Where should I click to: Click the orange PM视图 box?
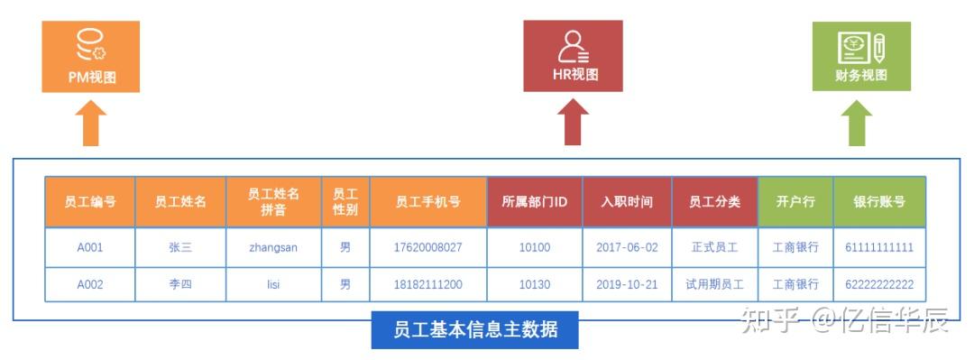click(x=91, y=56)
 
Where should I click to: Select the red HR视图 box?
click(x=573, y=56)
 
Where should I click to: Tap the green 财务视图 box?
click(x=861, y=56)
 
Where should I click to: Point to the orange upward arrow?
click(x=90, y=124)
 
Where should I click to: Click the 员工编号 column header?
click(x=90, y=201)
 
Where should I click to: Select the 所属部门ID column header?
click(x=534, y=201)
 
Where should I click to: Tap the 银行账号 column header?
click(x=879, y=201)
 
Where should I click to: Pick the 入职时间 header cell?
click(x=627, y=201)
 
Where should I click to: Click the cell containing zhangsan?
click(x=273, y=246)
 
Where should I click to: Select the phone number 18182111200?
click(x=427, y=284)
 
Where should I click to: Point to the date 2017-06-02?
click(x=627, y=246)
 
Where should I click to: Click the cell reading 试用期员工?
click(x=714, y=284)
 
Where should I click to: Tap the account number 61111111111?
click(x=879, y=246)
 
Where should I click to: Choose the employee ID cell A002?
click(x=90, y=284)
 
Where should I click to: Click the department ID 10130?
click(x=534, y=284)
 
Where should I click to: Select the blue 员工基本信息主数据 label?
click(x=474, y=330)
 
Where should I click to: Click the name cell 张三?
click(x=180, y=246)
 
